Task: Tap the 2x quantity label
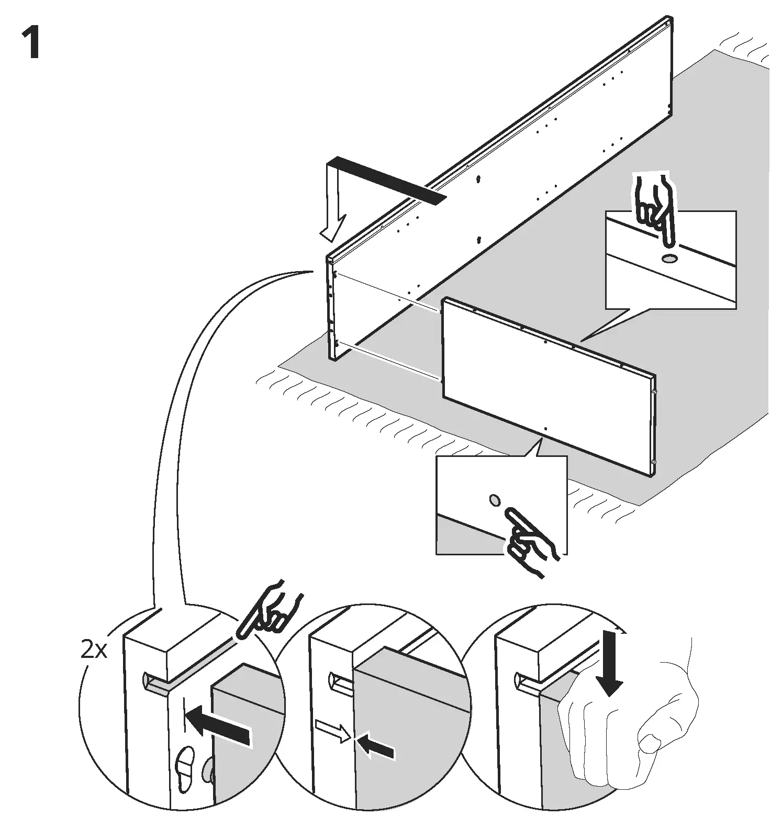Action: tap(94, 650)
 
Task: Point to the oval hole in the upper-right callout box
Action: tap(669, 259)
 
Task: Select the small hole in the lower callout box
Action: tap(494, 500)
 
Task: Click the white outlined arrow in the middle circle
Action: tap(333, 731)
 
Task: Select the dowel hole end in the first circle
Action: tap(147, 682)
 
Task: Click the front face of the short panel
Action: tap(544, 387)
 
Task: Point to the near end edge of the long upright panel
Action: tap(331, 309)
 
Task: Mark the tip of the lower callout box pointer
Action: tap(539, 440)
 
